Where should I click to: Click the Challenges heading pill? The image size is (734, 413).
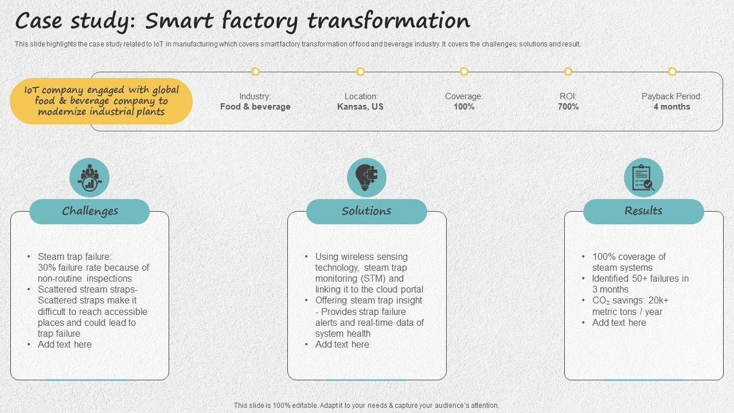coord(89,211)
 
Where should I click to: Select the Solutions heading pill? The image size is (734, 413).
coord(366,211)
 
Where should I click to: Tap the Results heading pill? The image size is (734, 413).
coord(643,211)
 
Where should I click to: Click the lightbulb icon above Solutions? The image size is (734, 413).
coord(366,178)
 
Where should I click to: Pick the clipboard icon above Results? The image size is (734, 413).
coord(643,178)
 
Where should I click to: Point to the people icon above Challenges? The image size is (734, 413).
coord(89,178)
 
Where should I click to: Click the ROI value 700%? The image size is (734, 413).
coord(568,107)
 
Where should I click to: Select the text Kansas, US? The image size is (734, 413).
coord(360,107)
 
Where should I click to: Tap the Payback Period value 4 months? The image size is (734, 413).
coord(671,107)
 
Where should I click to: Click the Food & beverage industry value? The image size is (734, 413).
coord(255,107)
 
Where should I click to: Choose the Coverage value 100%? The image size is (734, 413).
coord(464,107)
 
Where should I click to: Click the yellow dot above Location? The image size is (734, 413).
coord(360,72)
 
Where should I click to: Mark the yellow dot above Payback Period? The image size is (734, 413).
coord(672,72)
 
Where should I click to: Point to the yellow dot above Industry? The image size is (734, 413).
coord(255,72)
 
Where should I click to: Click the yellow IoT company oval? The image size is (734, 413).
coord(101,101)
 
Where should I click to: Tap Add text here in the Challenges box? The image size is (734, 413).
coord(65,344)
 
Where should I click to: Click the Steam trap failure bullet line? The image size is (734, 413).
coord(75,256)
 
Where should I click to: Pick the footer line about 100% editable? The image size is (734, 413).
coord(366,405)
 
